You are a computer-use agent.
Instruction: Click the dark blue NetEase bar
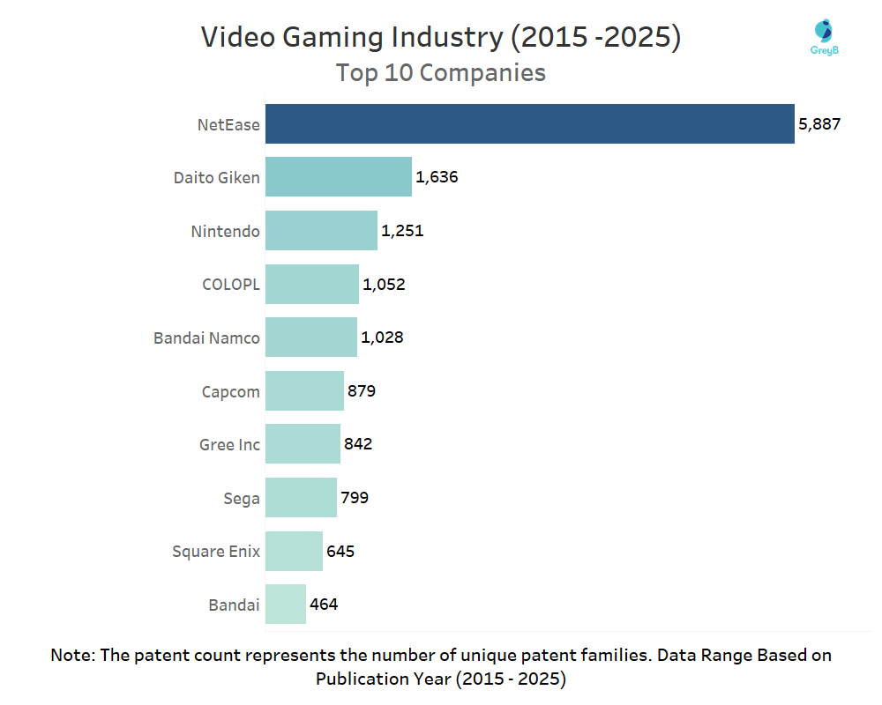tap(529, 124)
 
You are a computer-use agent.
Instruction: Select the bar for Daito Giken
tap(338, 177)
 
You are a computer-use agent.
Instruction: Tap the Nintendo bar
tap(321, 231)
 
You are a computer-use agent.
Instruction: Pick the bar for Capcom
tap(304, 390)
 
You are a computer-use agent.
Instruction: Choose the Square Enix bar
tap(294, 551)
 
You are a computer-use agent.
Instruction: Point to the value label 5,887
tap(819, 124)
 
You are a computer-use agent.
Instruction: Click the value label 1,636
tap(437, 177)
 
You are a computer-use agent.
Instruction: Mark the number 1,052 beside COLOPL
tap(384, 284)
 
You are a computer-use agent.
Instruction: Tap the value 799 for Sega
tap(355, 497)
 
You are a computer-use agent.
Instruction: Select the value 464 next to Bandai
tap(324, 604)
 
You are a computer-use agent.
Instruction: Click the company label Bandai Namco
tap(206, 338)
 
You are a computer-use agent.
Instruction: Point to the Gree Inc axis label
tap(229, 444)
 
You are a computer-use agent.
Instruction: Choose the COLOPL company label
tap(231, 284)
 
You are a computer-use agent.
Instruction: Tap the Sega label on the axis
tap(242, 498)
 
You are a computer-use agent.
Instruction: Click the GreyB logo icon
tap(822, 33)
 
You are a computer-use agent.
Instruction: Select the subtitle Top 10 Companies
tap(440, 72)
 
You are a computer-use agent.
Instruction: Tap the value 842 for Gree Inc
tap(358, 443)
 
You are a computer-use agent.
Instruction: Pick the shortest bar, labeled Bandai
tap(285, 604)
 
